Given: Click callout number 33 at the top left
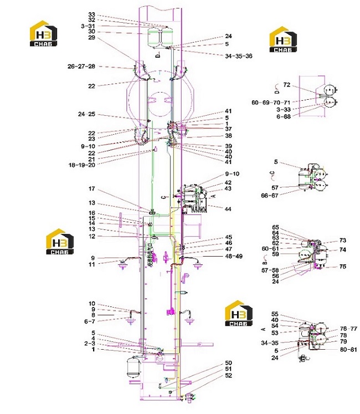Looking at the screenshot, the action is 91,14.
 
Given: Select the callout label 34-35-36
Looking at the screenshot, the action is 239,56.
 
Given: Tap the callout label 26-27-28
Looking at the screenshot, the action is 81,67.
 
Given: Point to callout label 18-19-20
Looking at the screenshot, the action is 81,165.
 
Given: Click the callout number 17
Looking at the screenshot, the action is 91,189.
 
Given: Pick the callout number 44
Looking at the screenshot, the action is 228,209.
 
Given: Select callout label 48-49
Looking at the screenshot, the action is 234,256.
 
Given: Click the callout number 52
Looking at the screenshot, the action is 228,375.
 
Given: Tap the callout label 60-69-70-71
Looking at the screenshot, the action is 271,103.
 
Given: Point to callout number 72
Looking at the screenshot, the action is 287,85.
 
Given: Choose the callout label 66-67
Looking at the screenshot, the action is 270,196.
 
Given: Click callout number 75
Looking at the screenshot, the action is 343,267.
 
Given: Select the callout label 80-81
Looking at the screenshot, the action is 348,350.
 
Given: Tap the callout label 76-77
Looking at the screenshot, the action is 348,329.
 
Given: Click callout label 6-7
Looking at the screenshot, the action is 90,321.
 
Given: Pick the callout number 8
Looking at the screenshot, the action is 93,315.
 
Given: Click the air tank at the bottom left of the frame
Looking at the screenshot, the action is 133,367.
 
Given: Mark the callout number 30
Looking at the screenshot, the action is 91,32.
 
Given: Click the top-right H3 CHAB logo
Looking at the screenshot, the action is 283,39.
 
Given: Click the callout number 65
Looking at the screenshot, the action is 275,227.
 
